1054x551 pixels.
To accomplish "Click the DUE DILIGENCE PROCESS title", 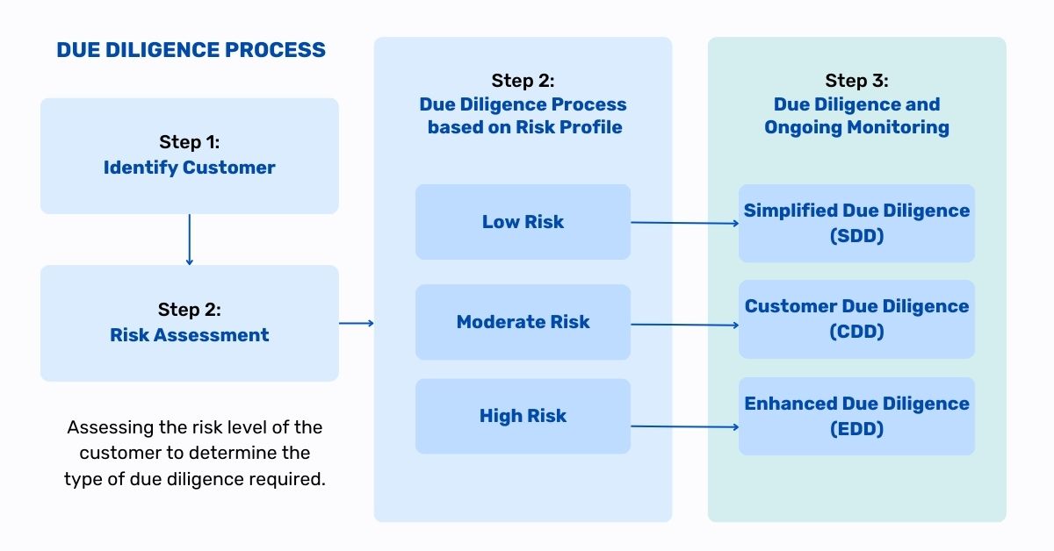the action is pyautogui.click(x=191, y=50).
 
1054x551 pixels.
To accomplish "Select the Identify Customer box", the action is pyautogui.click(x=190, y=156).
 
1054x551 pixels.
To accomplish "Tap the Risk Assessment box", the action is pyautogui.click(x=190, y=323).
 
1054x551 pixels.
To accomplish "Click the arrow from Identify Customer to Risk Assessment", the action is pyautogui.click(x=190, y=240).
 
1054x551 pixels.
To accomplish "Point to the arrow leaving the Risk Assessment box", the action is pyautogui.click(x=357, y=323).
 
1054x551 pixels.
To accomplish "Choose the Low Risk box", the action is pyautogui.click(x=523, y=222).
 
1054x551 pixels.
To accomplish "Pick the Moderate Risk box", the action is pyautogui.click(x=523, y=322).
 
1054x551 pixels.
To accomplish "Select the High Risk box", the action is pyautogui.click(x=523, y=416).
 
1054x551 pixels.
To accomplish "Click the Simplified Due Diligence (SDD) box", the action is pyautogui.click(x=856, y=224).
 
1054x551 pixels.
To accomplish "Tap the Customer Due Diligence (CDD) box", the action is pyautogui.click(x=856, y=319).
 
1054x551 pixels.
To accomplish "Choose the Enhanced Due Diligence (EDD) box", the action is pyautogui.click(x=856, y=416).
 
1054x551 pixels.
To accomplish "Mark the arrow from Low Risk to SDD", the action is pyautogui.click(x=684, y=223).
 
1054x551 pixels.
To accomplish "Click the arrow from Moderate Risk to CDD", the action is pyautogui.click(x=684, y=325).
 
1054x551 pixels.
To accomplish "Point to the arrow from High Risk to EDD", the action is pyautogui.click(x=684, y=426).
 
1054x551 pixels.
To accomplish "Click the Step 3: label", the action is pyautogui.click(x=856, y=81).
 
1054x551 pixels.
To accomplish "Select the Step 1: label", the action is pyautogui.click(x=189, y=142).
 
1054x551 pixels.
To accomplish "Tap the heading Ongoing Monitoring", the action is pyautogui.click(x=856, y=128).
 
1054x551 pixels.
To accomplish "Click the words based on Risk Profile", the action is pyautogui.click(x=524, y=127).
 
